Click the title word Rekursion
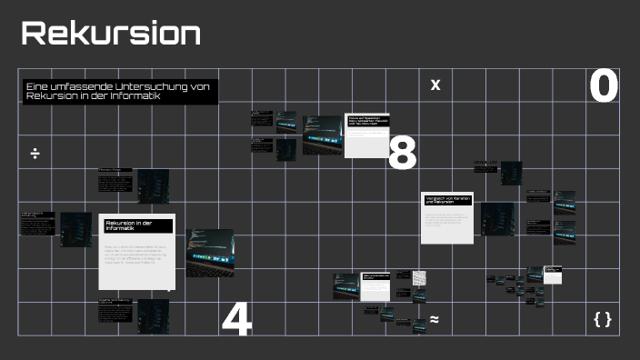point(111,34)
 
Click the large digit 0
point(604,87)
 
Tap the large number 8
point(402,154)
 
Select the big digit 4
point(236,320)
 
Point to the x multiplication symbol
point(435,85)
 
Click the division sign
point(35,153)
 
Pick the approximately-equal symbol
point(435,319)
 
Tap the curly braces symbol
point(602,319)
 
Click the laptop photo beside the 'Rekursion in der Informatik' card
point(210,252)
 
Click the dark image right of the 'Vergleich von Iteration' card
point(498,219)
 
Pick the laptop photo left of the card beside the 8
point(322,134)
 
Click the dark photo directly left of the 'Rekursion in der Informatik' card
point(76,230)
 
